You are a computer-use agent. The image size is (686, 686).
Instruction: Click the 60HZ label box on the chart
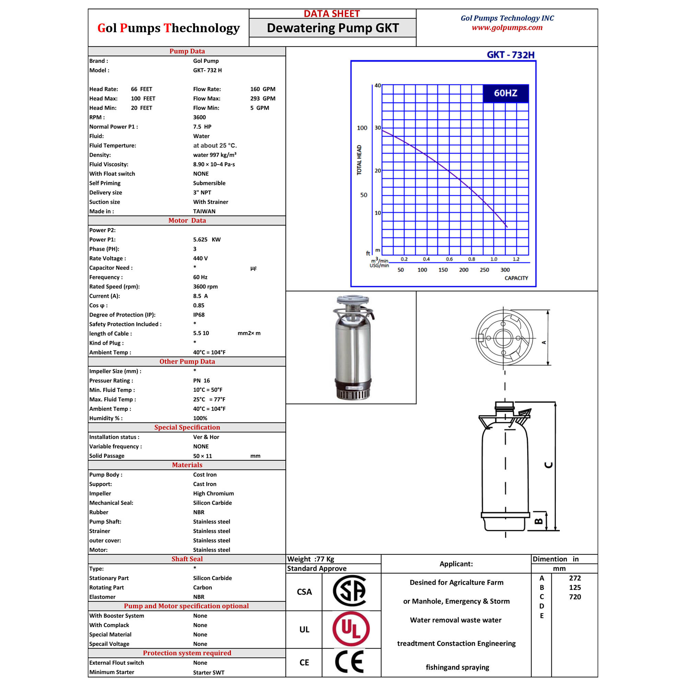[506, 93]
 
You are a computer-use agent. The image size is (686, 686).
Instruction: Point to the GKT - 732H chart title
[511, 55]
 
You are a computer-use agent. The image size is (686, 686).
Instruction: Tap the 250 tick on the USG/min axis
[484, 270]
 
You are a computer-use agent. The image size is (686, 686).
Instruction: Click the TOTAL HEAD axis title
[359, 160]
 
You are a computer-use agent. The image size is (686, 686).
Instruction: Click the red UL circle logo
[351, 629]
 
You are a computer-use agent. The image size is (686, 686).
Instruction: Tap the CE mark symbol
[350, 662]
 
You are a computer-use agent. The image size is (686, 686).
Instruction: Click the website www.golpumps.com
[507, 28]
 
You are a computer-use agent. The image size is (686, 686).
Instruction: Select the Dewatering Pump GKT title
[333, 28]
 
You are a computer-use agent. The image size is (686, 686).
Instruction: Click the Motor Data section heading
[187, 221]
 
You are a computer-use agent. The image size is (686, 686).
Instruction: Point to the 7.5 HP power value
[202, 127]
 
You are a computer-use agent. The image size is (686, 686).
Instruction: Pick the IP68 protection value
[199, 315]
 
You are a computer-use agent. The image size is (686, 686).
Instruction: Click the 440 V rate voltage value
[200, 259]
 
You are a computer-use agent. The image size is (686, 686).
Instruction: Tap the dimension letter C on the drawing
[548, 465]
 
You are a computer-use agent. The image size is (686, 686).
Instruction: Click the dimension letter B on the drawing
[539, 521]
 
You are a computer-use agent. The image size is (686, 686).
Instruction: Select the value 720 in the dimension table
[575, 597]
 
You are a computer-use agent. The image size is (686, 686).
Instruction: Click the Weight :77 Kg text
[311, 559]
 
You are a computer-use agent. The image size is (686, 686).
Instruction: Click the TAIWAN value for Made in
[204, 211]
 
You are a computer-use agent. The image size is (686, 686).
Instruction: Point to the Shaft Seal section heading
[187, 559]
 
